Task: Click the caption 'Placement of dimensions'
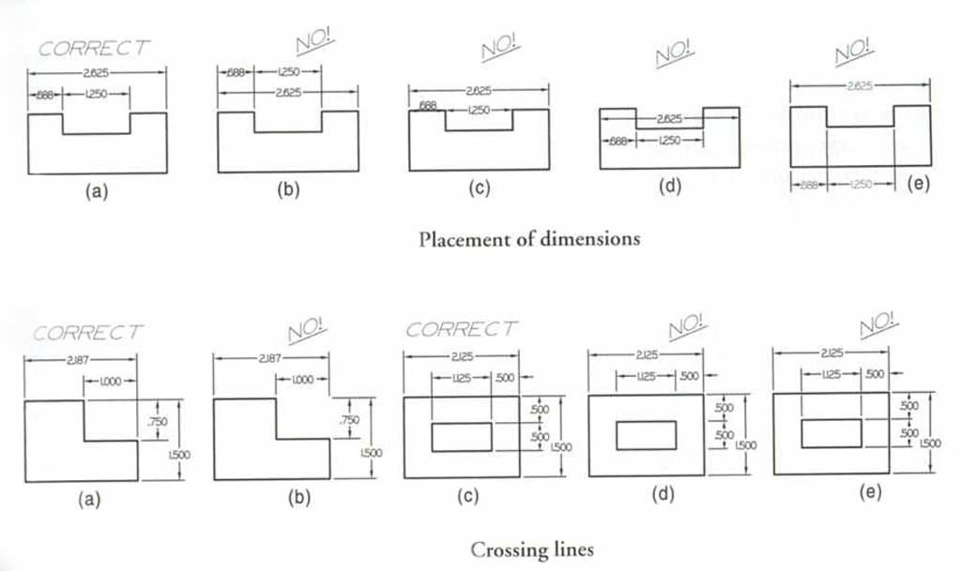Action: pos(529,238)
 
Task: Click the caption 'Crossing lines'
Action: pos(531,549)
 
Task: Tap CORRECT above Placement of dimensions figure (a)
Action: pos(95,49)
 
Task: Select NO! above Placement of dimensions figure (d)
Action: pos(668,56)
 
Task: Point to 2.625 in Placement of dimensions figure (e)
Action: pos(859,84)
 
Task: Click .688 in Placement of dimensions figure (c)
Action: pos(427,106)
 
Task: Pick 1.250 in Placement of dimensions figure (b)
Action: pos(287,71)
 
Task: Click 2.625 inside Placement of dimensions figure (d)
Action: pos(669,120)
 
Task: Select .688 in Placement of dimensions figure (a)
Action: pos(45,95)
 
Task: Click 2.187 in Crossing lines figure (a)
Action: pos(79,360)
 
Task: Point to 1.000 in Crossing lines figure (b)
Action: pos(300,380)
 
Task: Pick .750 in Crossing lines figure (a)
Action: pos(157,422)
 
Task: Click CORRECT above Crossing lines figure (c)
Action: pos(462,330)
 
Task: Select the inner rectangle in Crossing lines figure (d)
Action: pos(646,435)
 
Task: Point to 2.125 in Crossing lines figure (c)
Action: pos(461,356)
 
